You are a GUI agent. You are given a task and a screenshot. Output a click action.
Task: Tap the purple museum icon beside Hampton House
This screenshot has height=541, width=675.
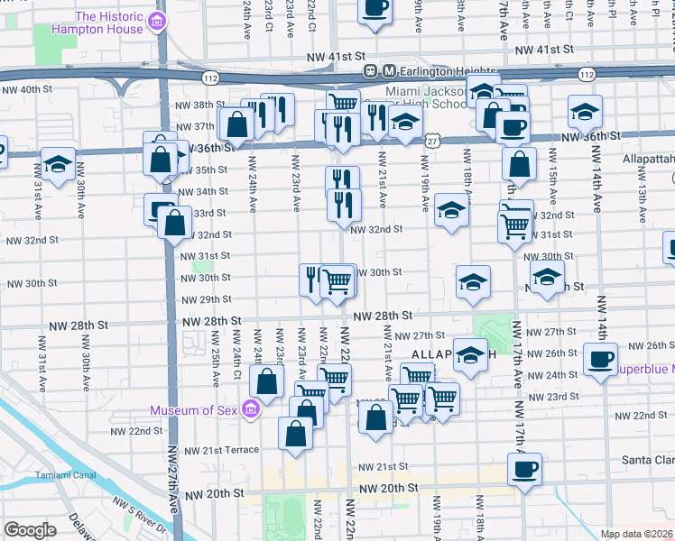point(159,23)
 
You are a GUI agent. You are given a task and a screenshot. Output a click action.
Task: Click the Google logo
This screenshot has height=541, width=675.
point(31,530)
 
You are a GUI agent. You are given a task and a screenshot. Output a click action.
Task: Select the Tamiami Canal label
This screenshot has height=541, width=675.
point(61,474)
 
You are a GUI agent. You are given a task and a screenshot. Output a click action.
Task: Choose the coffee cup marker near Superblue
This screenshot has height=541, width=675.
point(599,360)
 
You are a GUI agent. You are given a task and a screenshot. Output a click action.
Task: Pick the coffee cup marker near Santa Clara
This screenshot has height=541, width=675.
point(524,469)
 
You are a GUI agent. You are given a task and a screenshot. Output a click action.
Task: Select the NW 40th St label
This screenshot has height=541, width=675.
point(27,89)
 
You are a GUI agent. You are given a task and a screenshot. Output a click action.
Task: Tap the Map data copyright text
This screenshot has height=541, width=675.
point(637,534)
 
